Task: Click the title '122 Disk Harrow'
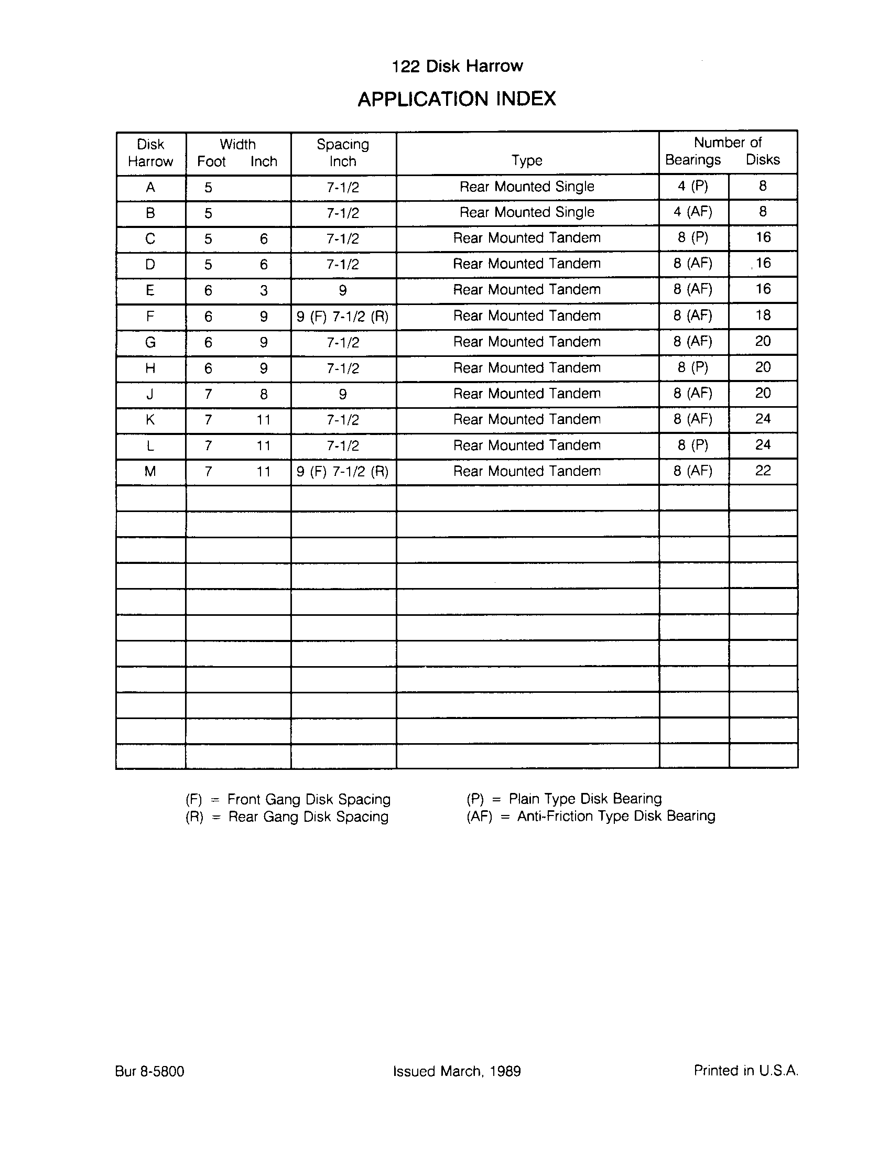[x=457, y=66]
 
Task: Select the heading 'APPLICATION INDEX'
[x=457, y=99]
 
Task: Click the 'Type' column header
[x=527, y=160]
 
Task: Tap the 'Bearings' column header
[x=692, y=159]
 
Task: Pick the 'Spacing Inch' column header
[x=343, y=153]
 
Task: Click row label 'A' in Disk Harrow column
[x=150, y=188]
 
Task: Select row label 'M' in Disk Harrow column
[x=150, y=471]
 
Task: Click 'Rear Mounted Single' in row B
[x=527, y=212]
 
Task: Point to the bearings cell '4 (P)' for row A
[x=693, y=186]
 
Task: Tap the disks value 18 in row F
[x=763, y=315]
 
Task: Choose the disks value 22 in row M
[x=763, y=471]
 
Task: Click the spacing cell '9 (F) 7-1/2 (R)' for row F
[x=343, y=317]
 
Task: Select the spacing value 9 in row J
[x=343, y=394]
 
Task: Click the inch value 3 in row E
[x=264, y=290]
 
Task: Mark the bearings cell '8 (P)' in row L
[x=693, y=445]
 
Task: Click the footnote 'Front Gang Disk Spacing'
[x=309, y=799]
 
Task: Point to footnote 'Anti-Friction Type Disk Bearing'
[x=616, y=816]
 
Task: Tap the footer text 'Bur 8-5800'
[x=149, y=1071]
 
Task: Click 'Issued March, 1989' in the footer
[x=457, y=1071]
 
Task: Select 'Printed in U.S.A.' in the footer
[x=745, y=1070]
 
